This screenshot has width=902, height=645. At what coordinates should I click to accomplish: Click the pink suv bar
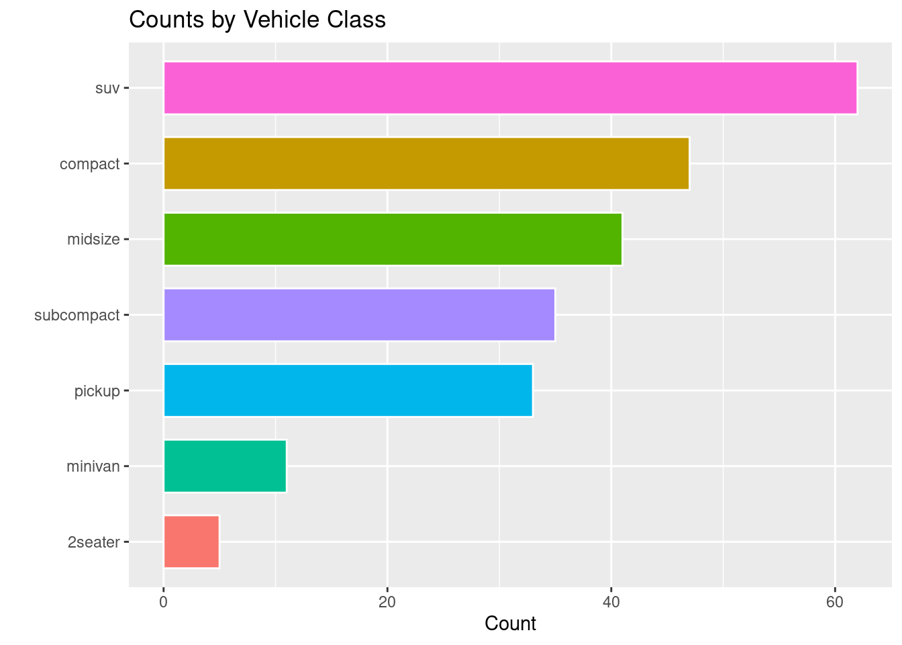pyautogui.click(x=510, y=88)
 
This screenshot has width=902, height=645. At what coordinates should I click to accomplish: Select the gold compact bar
pyautogui.click(x=426, y=163)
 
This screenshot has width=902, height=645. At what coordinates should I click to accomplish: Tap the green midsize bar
pyautogui.click(x=393, y=239)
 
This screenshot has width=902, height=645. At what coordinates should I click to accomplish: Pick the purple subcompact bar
pyautogui.click(x=359, y=314)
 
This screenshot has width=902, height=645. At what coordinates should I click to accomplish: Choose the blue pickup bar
pyautogui.click(x=348, y=390)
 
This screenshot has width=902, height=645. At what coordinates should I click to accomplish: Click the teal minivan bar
pyautogui.click(x=225, y=466)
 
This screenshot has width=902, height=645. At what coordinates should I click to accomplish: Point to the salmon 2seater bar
pyautogui.click(x=191, y=542)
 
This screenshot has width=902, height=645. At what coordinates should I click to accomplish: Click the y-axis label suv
pyautogui.click(x=107, y=88)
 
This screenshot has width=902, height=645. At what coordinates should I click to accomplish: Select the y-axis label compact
pyautogui.click(x=89, y=164)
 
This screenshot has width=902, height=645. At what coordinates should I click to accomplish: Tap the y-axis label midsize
pyautogui.click(x=93, y=239)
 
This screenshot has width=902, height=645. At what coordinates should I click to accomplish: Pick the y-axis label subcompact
pyautogui.click(x=77, y=315)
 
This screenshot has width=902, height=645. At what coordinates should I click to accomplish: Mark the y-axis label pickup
pyautogui.click(x=97, y=390)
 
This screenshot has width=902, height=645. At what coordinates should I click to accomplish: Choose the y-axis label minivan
pyautogui.click(x=93, y=466)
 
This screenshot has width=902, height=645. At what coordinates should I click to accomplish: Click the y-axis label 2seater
pyautogui.click(x=93, y=542)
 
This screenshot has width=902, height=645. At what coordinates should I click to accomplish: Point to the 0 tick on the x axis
pyautogui.click(x=163, y=602)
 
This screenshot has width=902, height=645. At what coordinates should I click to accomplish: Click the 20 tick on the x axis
pyautogui.click(x=387, y=602)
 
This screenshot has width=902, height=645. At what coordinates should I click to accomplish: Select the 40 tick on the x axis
pyautogui.click(x=611, y=602)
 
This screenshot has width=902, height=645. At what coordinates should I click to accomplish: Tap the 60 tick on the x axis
pyautogui.click(x=835, y=602)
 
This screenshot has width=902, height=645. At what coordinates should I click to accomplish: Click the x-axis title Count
pyautogui.click(x=510, y=624)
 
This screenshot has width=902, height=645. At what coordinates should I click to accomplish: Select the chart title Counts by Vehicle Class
pyautogui.click(x=257, y=20)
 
